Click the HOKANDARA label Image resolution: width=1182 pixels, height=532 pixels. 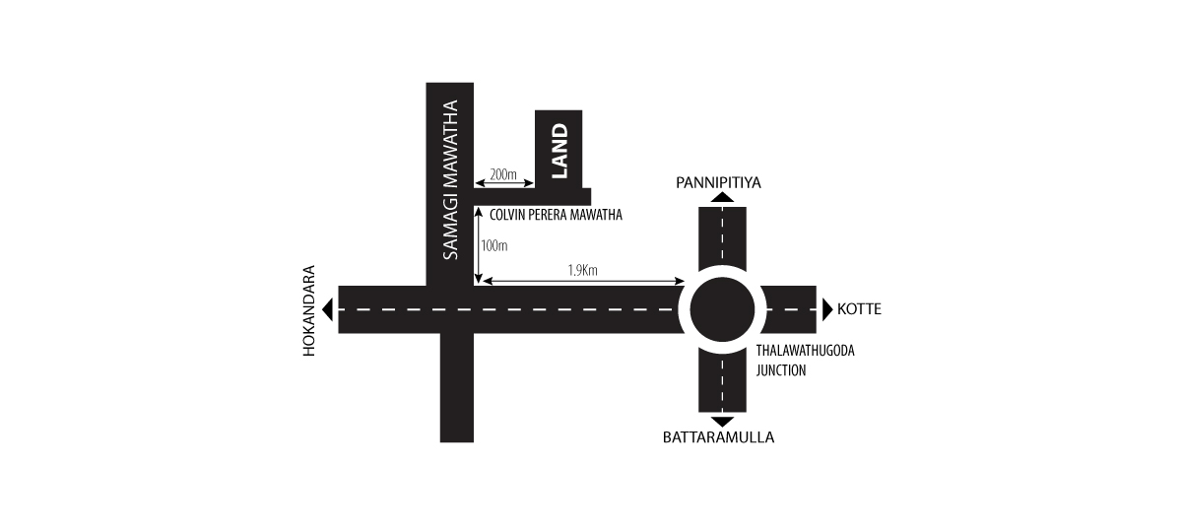[x=309, y=311]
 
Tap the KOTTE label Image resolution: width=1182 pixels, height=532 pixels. [x=859, y=309]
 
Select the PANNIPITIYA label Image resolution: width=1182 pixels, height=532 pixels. [x=719, y=182]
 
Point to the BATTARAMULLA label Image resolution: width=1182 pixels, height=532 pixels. [x=718, y=437]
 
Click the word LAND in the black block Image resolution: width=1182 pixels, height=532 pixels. [x=558, y=151]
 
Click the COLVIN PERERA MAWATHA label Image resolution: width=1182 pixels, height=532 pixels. [x=556, y=216]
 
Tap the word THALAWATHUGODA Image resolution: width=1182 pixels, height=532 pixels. [x=806, y=351]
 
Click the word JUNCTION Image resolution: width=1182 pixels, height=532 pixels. [x=781, y=370]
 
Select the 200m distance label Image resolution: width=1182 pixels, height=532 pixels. [x=503, y=174]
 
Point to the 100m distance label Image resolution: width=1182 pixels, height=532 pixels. [x=493, y=246]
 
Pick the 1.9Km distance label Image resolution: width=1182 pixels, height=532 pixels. [x=582, y=271]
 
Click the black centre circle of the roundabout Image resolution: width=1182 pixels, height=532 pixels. [x=722, y=309]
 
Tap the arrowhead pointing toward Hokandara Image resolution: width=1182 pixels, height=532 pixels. [x=328, y=309]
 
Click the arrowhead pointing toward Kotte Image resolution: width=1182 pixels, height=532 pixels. [x=826, y=309]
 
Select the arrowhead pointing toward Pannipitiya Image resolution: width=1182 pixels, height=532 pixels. [x=722, y=198]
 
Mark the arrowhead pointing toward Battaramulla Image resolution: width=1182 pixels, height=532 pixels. [x=722, y=422]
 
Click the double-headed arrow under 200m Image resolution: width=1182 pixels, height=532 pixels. [x=504, y=183]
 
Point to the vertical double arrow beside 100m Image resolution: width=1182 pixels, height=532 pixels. [x=478, y=245]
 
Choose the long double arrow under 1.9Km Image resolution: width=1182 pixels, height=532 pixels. [x=583, y=282]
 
